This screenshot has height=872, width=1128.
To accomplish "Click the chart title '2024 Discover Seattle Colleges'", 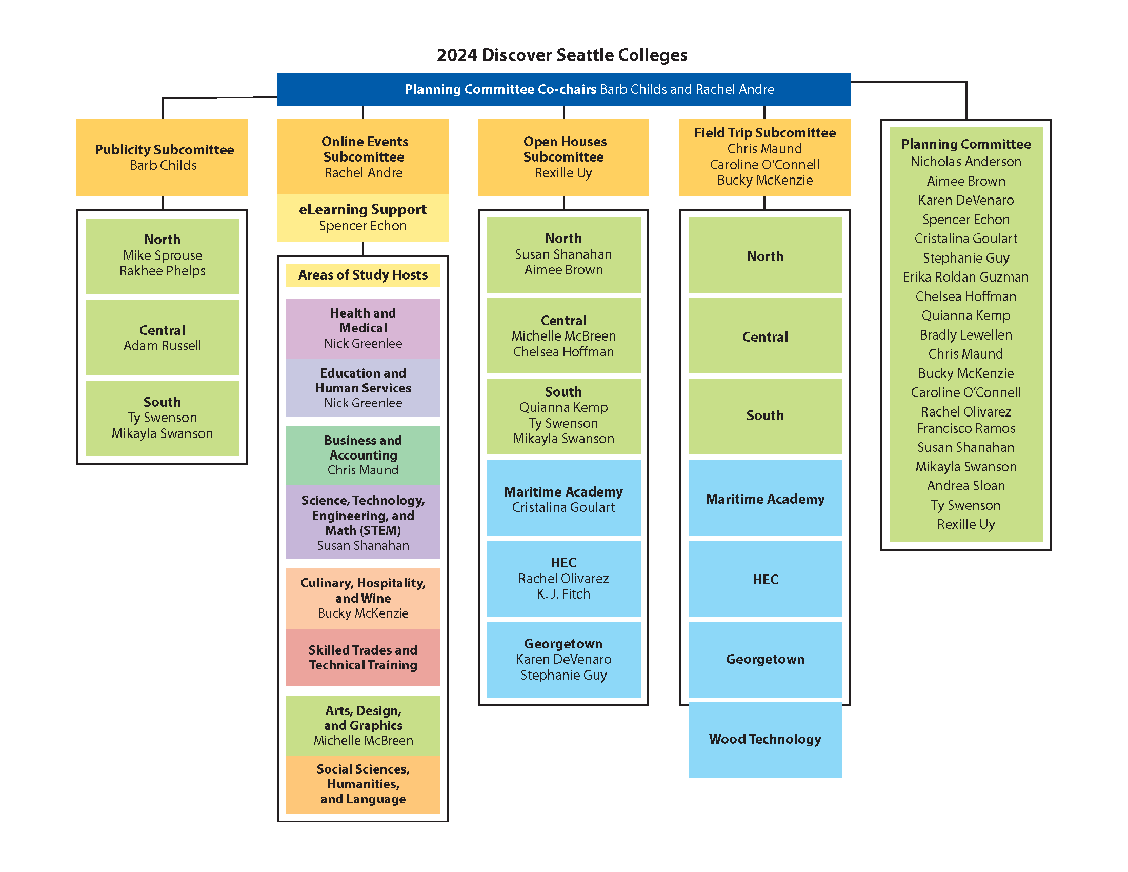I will click(561, 55).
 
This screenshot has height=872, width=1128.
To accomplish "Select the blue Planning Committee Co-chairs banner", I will click(563, 89).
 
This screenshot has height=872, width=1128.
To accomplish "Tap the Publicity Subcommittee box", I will click(162, 157).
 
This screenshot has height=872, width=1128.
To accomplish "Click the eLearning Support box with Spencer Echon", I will click(362, 217).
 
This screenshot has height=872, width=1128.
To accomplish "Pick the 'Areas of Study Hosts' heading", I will click(362, 275).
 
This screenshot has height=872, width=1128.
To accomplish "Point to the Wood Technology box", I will click(764, 739).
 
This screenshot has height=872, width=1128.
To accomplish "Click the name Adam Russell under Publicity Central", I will click(162, 346).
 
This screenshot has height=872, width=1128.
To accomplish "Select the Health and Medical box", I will click(362, 328).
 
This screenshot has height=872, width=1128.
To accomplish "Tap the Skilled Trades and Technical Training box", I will click(362, 657).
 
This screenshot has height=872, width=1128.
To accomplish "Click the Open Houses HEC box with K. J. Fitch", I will click(563, 578).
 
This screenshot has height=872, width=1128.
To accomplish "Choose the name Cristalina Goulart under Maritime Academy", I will click(563, 507).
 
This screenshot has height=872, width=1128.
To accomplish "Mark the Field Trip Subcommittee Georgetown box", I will click(764, 659).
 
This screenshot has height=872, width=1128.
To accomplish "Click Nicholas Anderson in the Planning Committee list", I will click(965, 162).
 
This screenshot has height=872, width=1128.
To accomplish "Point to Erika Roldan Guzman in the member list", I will click(965, 277).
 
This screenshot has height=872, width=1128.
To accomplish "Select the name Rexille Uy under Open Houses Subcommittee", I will click(563, 173).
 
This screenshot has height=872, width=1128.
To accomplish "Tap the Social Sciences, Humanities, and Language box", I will click(362, 784).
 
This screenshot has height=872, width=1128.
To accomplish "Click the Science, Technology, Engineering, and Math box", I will click(362, 522).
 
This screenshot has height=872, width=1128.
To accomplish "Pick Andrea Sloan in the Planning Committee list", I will click(965, 486).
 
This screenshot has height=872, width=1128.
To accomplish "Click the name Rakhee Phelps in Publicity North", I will click(162, 271).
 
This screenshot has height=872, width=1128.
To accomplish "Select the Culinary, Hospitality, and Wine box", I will click(362, 598).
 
